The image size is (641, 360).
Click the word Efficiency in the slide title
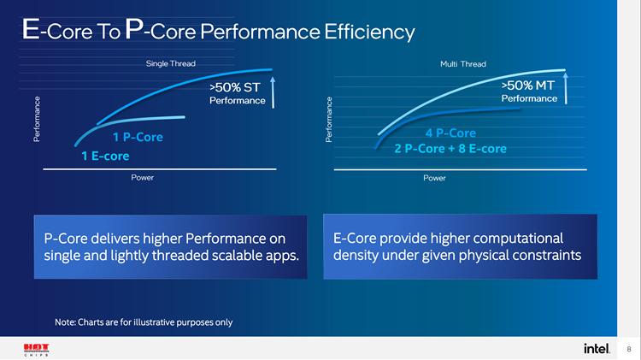(369, 32)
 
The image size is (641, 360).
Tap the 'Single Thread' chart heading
(171, 64)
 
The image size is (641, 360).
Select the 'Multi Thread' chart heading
(463, 64)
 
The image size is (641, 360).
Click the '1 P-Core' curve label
(137, 137)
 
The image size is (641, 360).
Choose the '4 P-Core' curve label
(450, 133)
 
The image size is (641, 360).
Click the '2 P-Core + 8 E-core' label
(450, 149)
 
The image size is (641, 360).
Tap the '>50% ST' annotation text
(234, 86)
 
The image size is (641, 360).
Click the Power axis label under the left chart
(143, 178)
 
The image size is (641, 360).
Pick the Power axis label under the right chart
(434, 178)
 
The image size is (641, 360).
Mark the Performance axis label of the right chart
(329, 120)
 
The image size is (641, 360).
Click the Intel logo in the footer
(597, 348)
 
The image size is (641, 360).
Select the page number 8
(629, 349)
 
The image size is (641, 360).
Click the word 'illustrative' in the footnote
(153, 322)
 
